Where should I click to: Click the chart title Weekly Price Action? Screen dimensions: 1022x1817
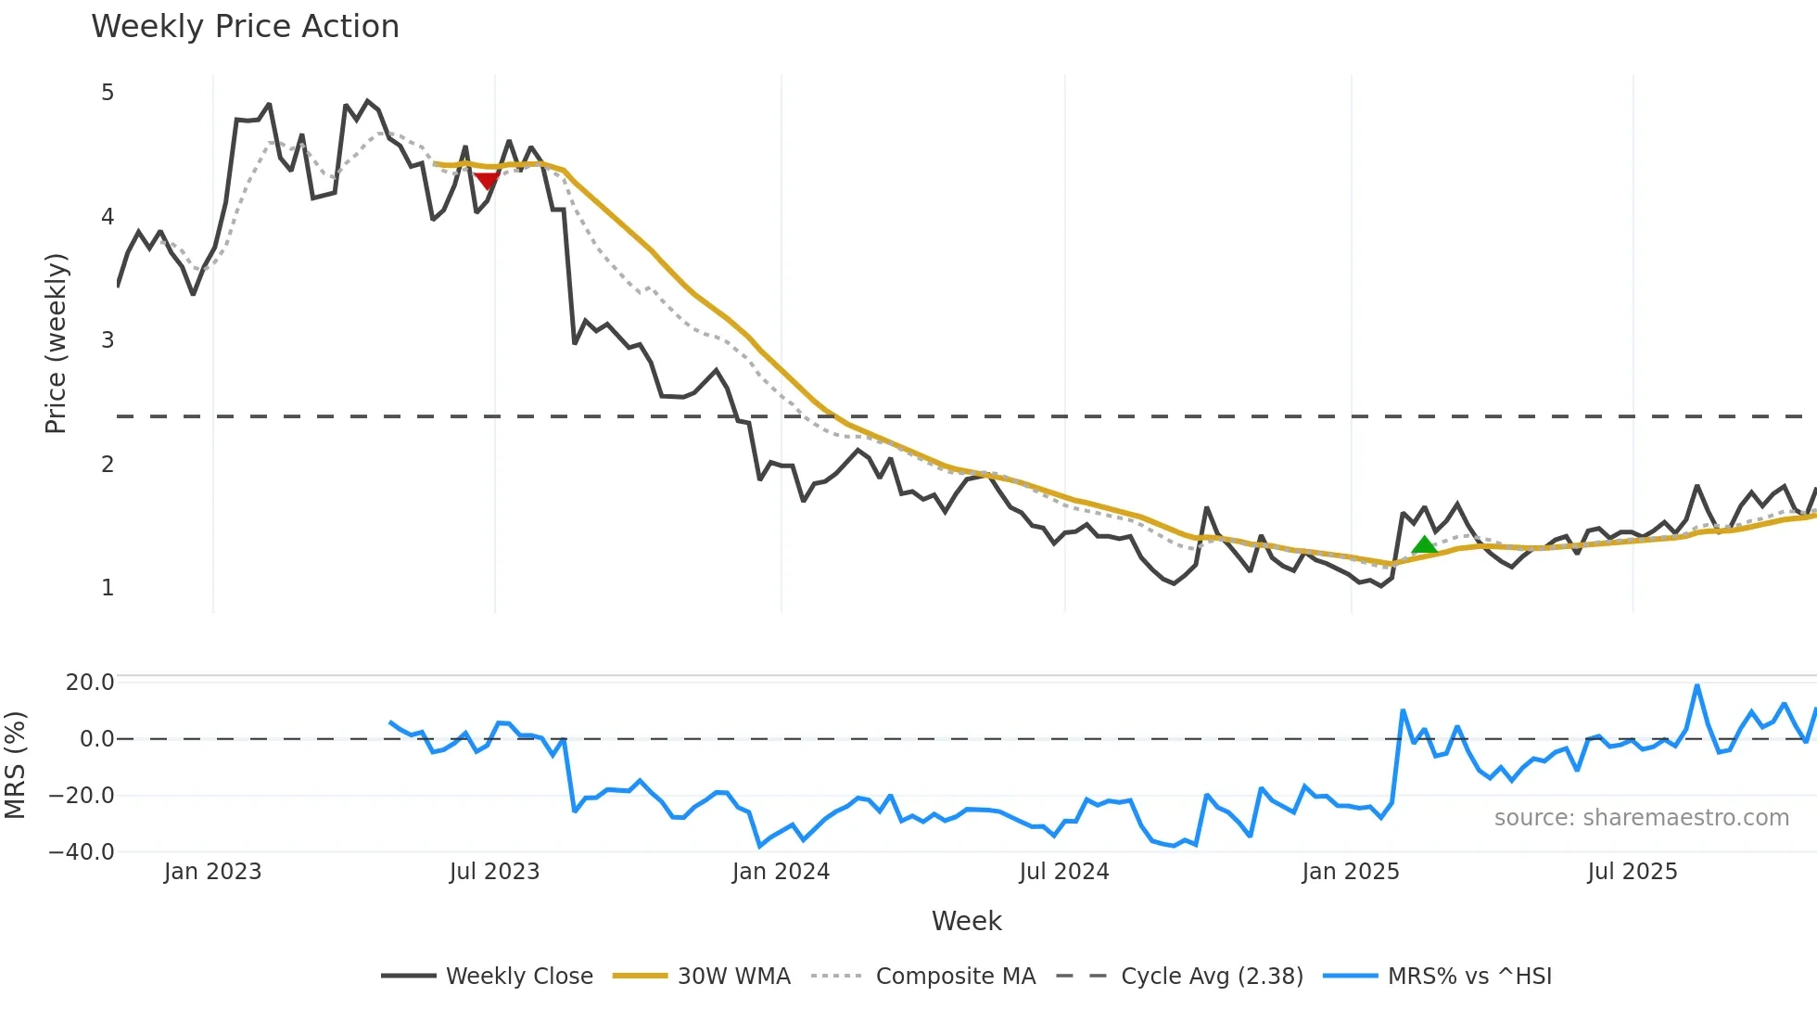click(245, 27)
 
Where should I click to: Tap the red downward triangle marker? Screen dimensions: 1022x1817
click(487, 180)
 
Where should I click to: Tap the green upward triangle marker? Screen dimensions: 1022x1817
click(1424, 545)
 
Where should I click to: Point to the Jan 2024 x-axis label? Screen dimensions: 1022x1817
click(781, 872)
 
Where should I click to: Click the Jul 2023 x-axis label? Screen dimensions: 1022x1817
click(494, 872)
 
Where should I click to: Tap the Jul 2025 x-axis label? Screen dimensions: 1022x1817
click(1633, 872)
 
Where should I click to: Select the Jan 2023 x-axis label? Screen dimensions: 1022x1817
click(212, 872)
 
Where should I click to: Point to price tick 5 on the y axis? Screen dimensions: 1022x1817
click(108, 93)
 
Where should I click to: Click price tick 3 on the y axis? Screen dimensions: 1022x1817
click(108, 340)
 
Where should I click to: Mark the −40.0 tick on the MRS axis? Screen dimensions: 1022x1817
click(82, 852)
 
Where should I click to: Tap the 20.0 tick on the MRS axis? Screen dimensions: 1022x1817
click(90, 683)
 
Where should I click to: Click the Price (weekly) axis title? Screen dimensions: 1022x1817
click(56, 343)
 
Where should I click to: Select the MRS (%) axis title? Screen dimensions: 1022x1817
click(15, 765)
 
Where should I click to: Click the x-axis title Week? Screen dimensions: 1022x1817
click(966, 921)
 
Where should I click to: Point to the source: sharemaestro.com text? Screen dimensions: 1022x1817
click(1641, 818)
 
